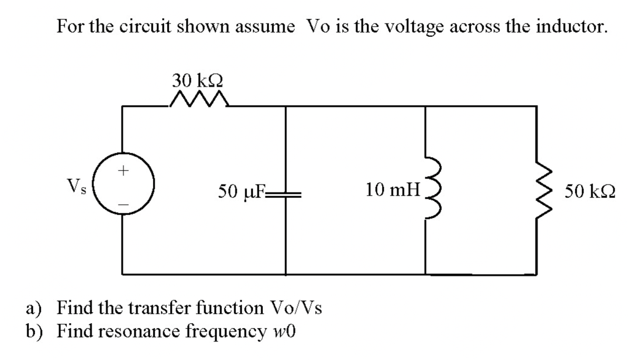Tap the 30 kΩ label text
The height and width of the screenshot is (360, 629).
[x=198, y=80]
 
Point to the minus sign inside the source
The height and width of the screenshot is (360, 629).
[x=122, y=201]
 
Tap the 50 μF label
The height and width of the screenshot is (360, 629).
[x=242, y=192]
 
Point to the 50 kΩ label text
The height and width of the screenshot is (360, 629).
[x=590, y=192]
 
